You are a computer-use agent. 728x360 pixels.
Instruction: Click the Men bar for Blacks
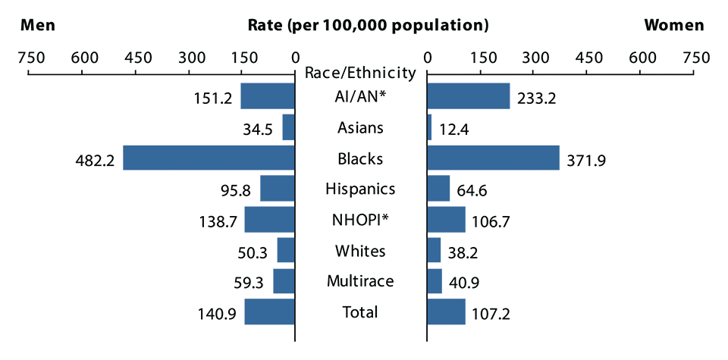tap(209, 158)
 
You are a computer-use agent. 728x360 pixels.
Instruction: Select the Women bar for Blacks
tap(493, 158)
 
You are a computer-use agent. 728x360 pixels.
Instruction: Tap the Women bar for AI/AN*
tap(468, 96)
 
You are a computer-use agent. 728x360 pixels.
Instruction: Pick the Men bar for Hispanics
tap(277, 189)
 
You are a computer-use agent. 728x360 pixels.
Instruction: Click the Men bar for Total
tap(269, 311)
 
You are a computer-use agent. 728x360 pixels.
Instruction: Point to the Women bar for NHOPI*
tap(446, 220)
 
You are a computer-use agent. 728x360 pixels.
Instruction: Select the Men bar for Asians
tap(288, 127)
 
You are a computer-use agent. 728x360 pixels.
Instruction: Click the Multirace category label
tap(360, 281)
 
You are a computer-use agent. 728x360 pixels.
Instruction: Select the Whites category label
tap(360, 251)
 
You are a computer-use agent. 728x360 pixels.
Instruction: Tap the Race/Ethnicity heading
tap(360, 73)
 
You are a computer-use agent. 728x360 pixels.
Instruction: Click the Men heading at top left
tap(38, 25)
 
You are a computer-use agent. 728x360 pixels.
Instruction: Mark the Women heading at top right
tap(673, 25)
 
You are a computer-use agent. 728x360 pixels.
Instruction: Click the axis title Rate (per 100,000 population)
tap(368, 25)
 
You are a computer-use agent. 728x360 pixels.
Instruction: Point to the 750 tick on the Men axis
tap(29, 57)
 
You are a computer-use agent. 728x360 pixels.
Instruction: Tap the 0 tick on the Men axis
tap(294, 57)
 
